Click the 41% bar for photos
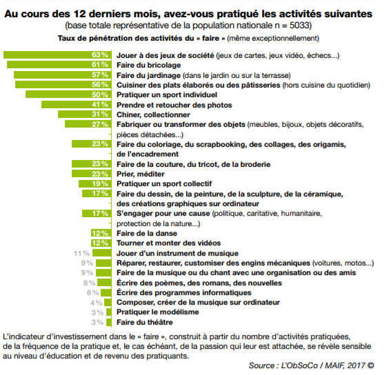tap(76, 104)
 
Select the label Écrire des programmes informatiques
tap(176, 292)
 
